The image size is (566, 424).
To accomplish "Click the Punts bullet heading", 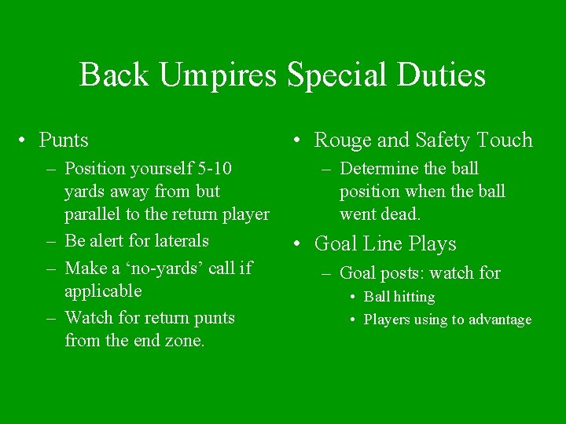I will click(x=64, y=141).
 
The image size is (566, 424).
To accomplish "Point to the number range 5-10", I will click(x=219, y=169).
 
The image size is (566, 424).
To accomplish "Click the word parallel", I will click(x=96, y=214).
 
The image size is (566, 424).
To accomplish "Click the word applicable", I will click(x=103, y=291).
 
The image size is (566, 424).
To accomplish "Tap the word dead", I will click(x=402, y=214).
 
